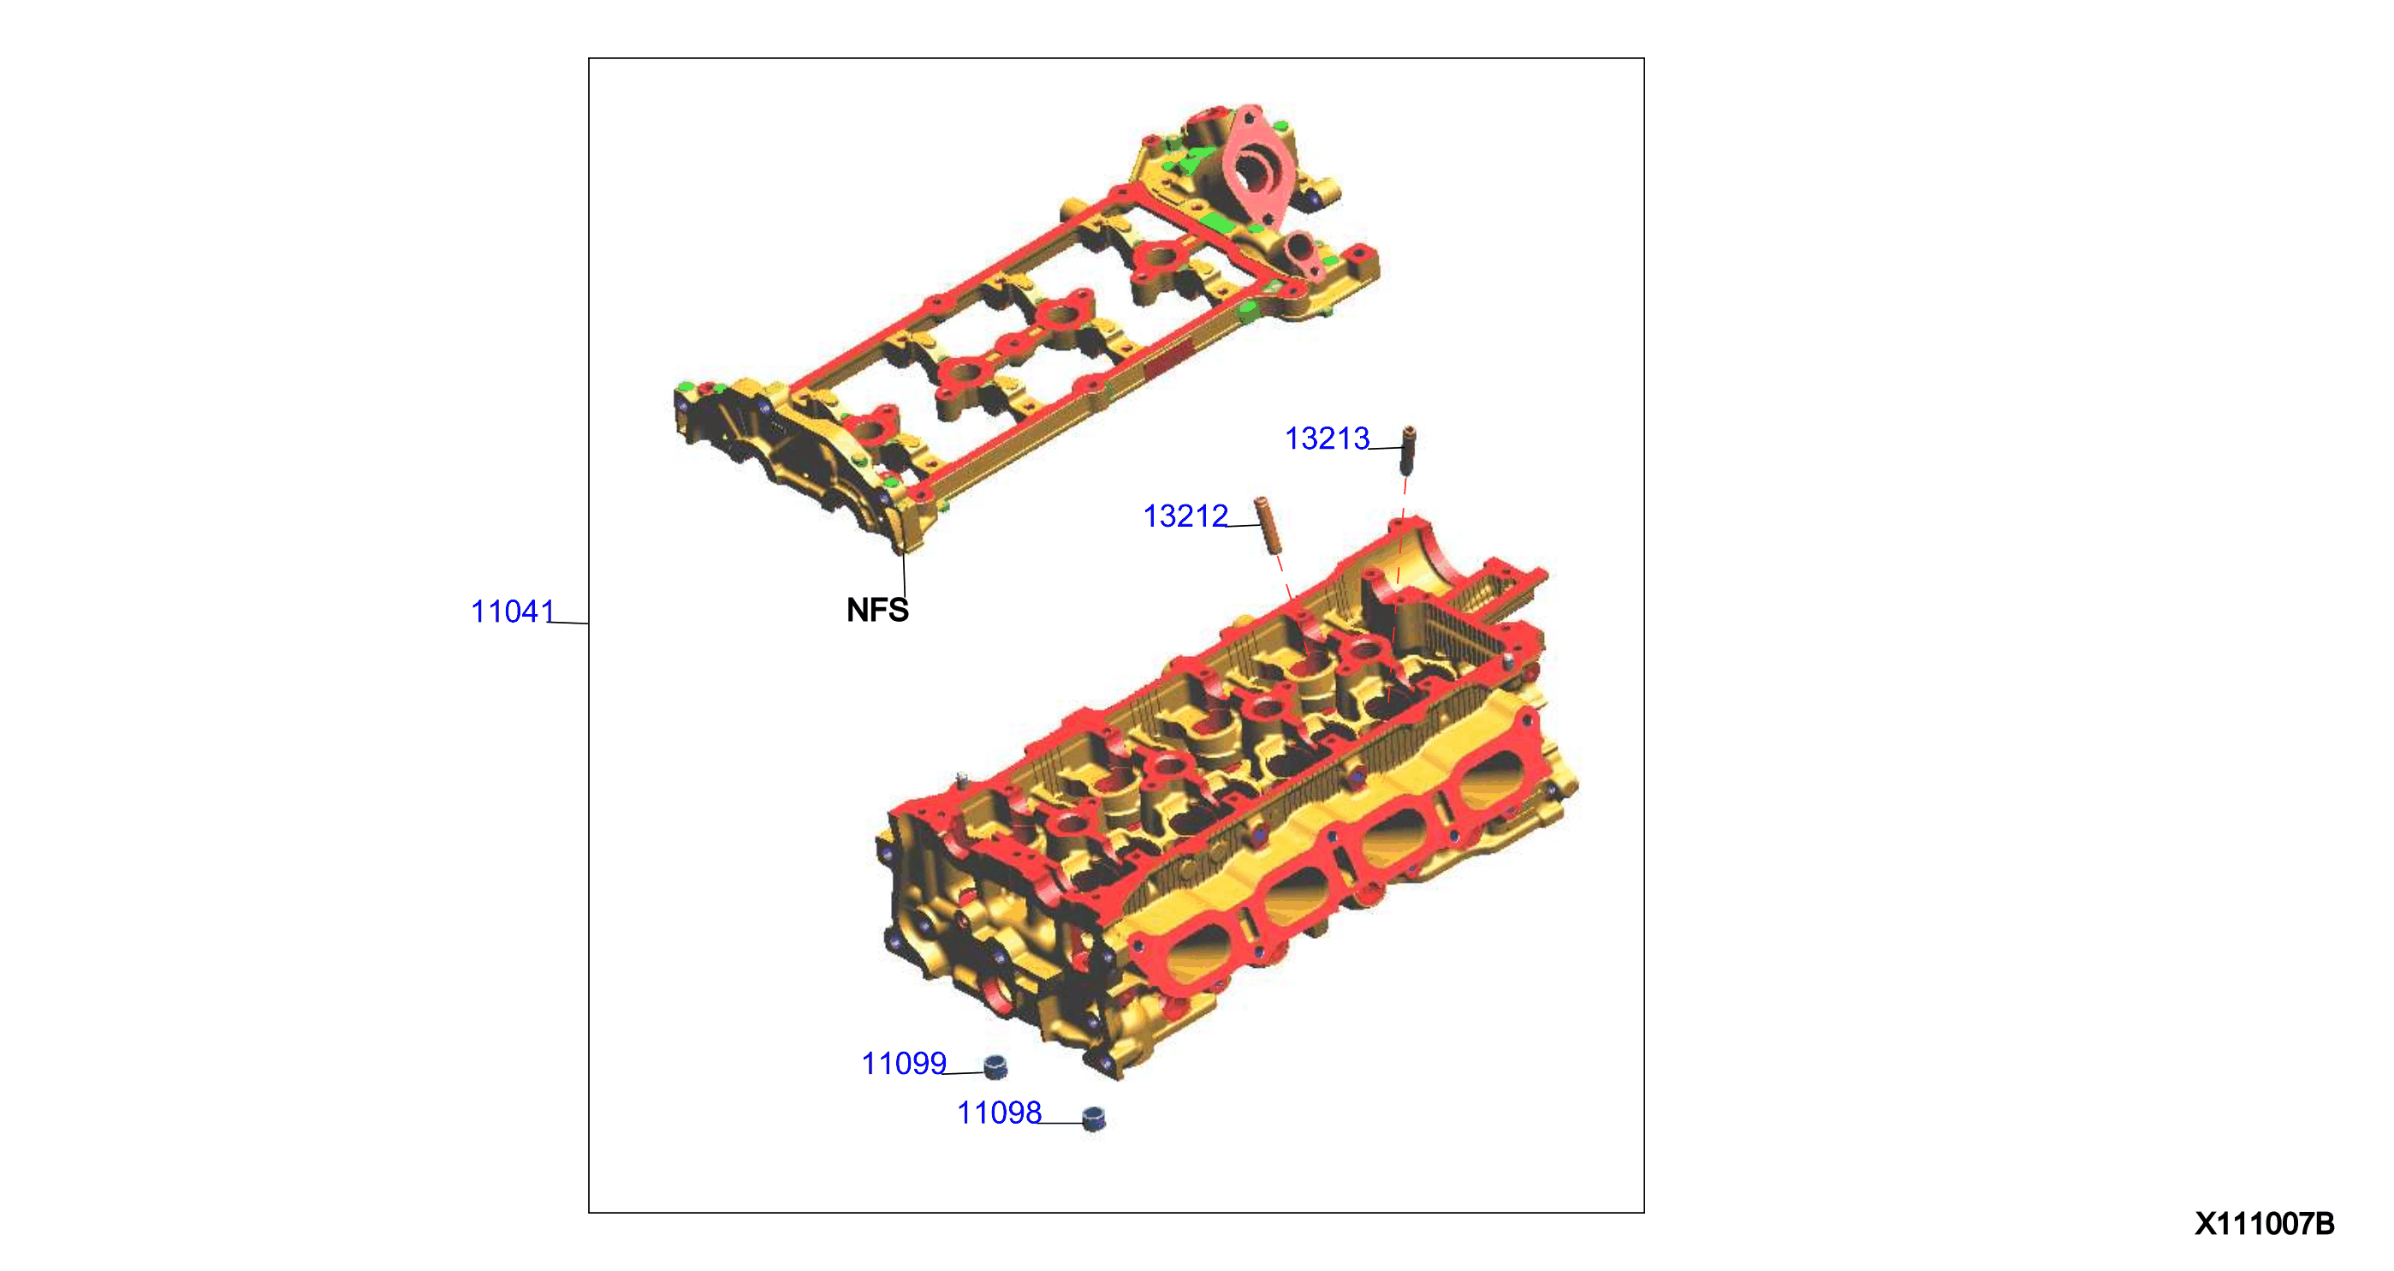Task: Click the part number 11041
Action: [x=512, y=612]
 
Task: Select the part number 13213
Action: [x=1326, y=438]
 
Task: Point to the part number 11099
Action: [x=903, y=1063]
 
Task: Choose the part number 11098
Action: [x=999, y=1113]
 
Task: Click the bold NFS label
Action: [x=877, y=610]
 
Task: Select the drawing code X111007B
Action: [x=2264, y=1224]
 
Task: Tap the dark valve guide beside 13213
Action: [x=1408, y=450]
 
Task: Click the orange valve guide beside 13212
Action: [x=1266, y=525]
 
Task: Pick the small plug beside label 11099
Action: [x=995, y=1066]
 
